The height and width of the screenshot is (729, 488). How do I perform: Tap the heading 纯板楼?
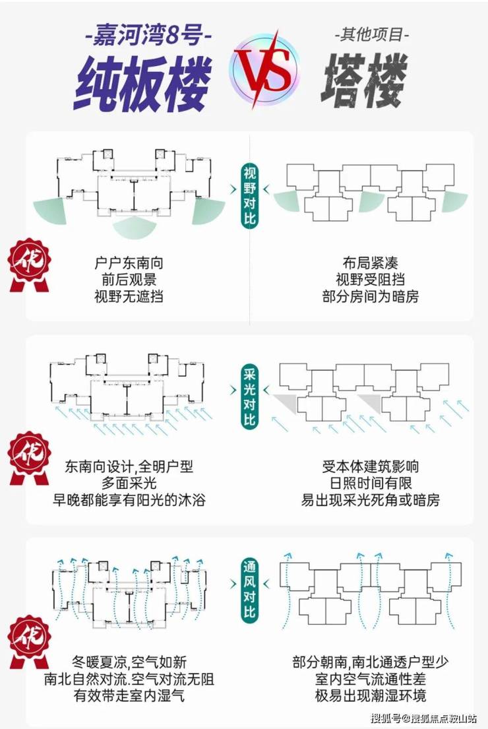(141, 84)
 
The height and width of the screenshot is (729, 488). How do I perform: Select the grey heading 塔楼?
(364, 80)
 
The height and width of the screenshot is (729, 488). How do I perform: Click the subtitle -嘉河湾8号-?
(148, 36)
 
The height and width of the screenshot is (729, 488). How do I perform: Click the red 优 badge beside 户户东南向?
(30, 265)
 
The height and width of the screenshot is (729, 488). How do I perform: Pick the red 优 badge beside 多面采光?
(30, 458)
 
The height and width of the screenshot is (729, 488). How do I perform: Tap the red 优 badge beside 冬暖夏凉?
(30, 643)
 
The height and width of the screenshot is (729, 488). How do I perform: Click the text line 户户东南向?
(129, 263)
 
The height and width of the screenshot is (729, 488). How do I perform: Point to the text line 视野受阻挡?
(371, 280)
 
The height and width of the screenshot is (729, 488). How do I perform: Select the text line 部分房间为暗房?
(371, 296)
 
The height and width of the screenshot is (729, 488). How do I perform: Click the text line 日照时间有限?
(371, 483)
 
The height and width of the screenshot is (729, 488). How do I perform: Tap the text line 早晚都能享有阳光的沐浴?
(129, 500)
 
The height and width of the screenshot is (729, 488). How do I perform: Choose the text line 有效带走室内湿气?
(129, 695)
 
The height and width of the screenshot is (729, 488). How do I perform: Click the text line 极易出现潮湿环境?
(371, 695)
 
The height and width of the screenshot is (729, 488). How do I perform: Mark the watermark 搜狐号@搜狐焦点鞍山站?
(424, 718)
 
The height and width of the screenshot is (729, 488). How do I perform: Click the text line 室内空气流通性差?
(371, 679)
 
